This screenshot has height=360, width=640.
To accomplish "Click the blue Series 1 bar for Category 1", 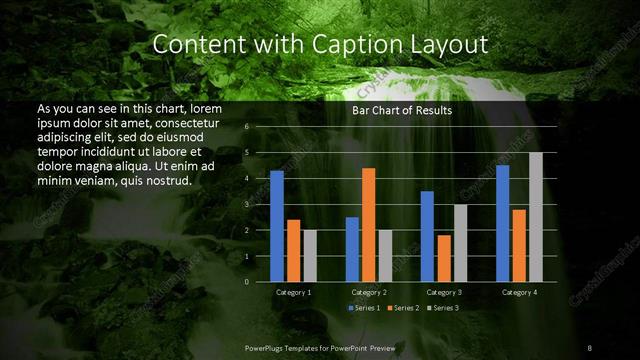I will coord(277,226).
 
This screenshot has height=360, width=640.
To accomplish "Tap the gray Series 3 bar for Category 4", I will coord(536,217).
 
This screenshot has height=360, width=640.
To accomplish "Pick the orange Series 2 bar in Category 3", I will coord(444,258).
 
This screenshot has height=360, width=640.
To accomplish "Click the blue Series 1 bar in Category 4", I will coord(503,223).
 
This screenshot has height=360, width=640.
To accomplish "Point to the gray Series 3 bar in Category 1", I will coord(310,256).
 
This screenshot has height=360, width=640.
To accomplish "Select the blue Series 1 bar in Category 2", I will coord(352,249).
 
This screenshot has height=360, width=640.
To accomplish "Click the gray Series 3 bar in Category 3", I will coord(460,243).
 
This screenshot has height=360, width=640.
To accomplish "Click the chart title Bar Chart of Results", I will coord(402,111).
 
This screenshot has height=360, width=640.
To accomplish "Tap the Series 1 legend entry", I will coord(364,307).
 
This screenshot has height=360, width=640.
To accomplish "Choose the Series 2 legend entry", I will coord(402,307).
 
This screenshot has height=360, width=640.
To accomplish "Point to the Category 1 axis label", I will coord(293,292).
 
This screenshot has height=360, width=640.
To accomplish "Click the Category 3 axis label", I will coord(444,292).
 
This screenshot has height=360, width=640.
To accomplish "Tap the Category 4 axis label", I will coord(519,292).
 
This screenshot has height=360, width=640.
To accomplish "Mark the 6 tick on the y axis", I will coord(247,127).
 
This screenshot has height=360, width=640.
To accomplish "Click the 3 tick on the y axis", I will coord(247,204).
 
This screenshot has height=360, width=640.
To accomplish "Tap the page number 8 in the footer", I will coord(589,347).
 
